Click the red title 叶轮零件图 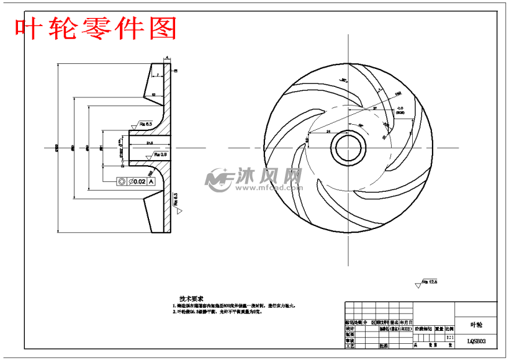[x=96, y=28]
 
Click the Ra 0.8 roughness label [x=161, y=153]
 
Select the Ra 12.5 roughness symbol [x=428, y=282]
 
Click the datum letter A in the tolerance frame [x=151, y=181]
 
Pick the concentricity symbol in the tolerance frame [x=122, y=181]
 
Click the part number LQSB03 [x=476, y=341]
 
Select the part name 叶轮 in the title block [x=476, y=324]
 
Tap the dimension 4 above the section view [x=167, y=58]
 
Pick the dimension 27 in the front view [x=375, y=109]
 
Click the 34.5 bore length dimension [x=149, y=143]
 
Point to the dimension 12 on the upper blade [x=153, y=94]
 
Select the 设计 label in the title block [x=349, y=329]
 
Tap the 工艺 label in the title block [x=349, y=346]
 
